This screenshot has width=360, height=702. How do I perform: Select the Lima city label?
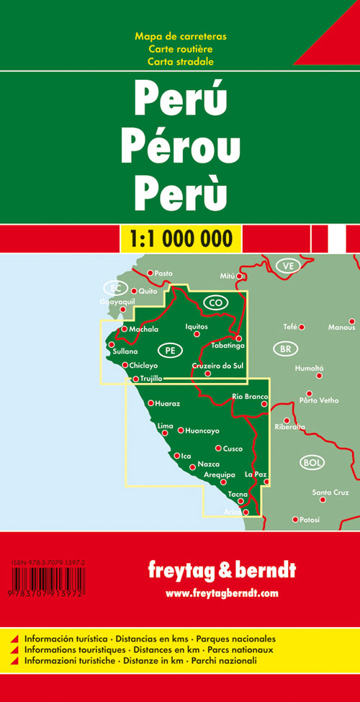(x=165, y=426)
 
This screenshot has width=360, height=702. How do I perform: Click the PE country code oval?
(x=170, y=350)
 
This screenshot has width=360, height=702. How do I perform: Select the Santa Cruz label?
(x=330, y=492)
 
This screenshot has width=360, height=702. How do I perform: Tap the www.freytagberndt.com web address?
(x=221, y=593)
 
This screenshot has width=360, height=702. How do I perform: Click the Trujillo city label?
(x=152, y=378)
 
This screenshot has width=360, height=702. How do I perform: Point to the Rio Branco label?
(x=250, y=397)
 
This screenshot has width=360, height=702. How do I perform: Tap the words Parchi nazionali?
(x=246, y=659)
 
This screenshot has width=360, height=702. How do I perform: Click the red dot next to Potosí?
(x=295, y=519)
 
